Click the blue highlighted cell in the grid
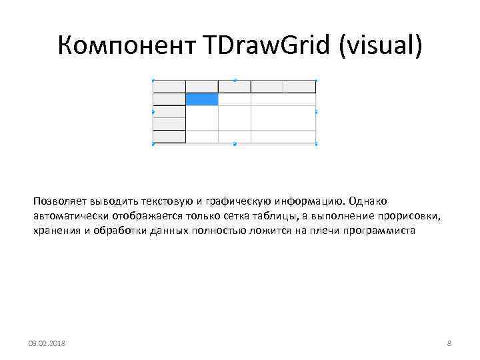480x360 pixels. [202, 99]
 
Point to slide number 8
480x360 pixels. [449, 343]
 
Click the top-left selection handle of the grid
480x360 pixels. [153, 80]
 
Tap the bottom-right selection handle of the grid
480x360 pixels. [316, 144]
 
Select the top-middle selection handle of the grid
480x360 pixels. [235, 80]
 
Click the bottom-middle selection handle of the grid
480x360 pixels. [235, 144]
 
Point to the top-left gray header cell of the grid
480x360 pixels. [169, 87]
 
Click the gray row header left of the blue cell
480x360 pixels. [169, 99]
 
